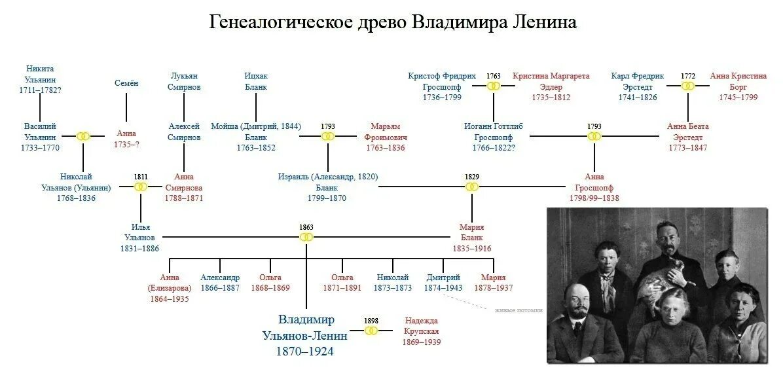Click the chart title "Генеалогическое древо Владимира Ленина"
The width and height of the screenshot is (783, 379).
tap(392, 22)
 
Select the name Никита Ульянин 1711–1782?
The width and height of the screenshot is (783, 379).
tap(41, 79)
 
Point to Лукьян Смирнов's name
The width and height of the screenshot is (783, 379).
tap(184, 81)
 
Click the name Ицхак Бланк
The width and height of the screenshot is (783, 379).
tap(256, 81)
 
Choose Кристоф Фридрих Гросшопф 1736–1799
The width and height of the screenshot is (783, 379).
tap(442, 86)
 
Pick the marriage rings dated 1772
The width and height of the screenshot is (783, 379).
tap(687, 86)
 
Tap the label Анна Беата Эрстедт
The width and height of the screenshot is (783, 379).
tap(687, 137)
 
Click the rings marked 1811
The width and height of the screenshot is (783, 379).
tap(141, 187)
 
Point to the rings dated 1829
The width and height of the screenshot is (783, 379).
tap(472, 187)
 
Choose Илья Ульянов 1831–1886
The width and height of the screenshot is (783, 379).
tap(140, 238)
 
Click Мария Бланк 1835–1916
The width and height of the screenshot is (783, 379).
tap(471, 238)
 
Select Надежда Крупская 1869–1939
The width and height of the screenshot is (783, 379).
tap(422, 331)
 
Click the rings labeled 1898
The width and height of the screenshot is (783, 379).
tap(371, 331)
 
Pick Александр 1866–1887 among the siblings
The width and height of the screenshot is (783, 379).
tap(220, 283)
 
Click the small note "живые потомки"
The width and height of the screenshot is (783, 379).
tap(519, 310)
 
